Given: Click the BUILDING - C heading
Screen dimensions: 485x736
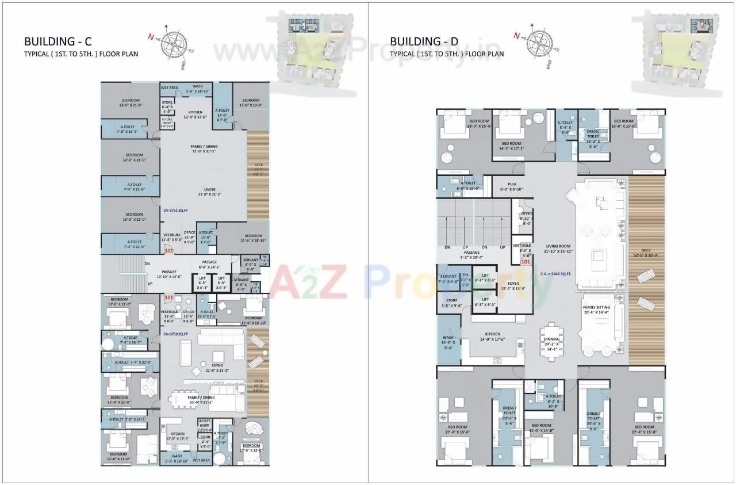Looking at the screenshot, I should [x=58, y=41].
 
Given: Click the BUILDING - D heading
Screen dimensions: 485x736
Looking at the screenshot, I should [x=424, y=41].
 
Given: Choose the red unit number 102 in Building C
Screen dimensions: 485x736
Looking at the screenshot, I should [x=169, y=251].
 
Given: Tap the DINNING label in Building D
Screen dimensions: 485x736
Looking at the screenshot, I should [x=551, y=339].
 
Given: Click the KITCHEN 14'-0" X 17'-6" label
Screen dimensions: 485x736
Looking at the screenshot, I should [x=492, y=337].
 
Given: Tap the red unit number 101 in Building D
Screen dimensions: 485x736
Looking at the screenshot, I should [x=525, y=262].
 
